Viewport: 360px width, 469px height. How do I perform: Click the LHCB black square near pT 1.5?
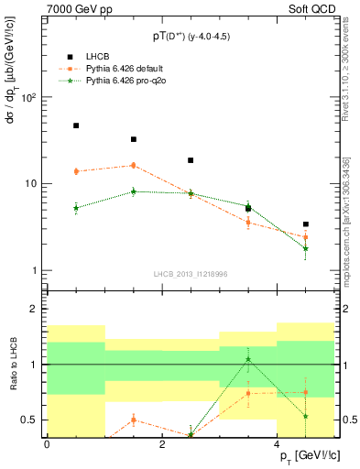[134, 139]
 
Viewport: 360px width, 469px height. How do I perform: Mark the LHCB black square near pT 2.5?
[191, 160]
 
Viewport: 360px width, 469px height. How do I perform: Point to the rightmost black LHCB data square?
[306, 224]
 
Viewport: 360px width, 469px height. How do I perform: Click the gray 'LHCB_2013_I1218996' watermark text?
[191, 274]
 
